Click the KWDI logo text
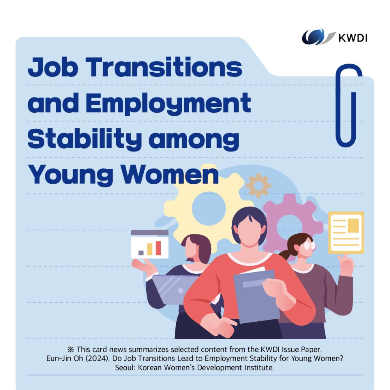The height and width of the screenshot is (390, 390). tap(353, 38)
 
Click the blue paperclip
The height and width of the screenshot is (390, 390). tap(349, 105)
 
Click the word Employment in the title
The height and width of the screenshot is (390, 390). tap(168, 103)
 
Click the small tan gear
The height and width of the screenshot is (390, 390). tap(258, 186)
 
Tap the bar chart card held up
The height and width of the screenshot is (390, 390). tap(150, 244)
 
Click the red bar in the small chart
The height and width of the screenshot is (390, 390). tap(158, 248)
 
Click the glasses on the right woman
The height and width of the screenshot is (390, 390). tap(308, 245)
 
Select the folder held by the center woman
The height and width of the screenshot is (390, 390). tap(255, 296)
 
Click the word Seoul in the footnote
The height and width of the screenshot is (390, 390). tap(125, 368)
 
